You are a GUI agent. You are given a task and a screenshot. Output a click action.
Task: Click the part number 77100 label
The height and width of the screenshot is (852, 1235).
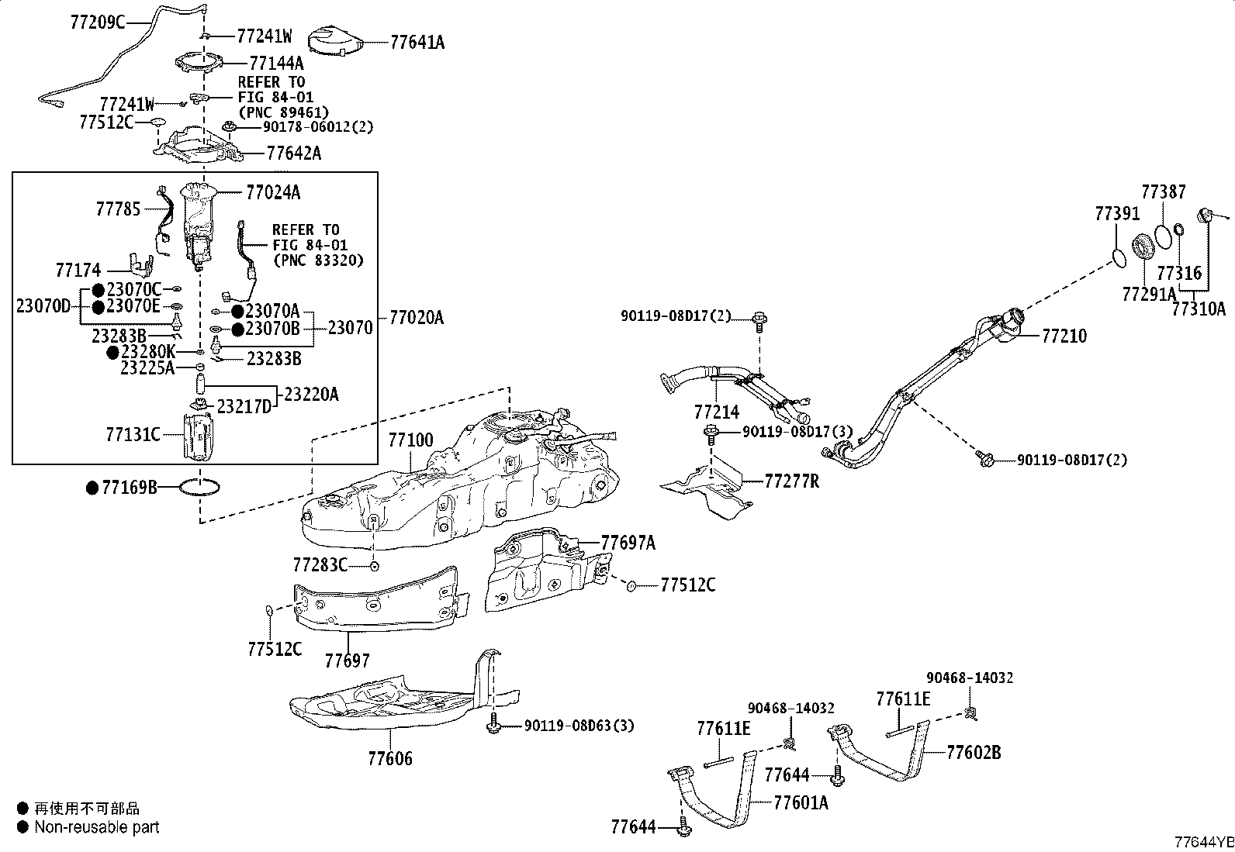[x=410, y=440]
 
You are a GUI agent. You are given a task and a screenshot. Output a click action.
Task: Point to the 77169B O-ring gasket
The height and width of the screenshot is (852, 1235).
[x=201, y=488]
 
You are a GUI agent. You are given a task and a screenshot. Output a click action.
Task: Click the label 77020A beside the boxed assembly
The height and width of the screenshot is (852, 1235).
[x=416, y=317]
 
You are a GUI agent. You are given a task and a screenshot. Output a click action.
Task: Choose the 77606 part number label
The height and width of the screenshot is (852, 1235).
[x=390, y=758]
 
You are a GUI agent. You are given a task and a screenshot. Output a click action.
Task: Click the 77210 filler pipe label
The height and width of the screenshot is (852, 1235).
[x=1064, y=336]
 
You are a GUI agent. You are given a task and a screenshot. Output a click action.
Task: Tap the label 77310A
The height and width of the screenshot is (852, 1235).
[x=1199, y=309]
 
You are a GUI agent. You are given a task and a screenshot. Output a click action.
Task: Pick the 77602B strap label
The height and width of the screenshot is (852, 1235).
[x=974, y=752]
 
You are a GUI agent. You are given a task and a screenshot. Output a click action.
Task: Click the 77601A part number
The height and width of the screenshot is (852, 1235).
[x=801, y=802]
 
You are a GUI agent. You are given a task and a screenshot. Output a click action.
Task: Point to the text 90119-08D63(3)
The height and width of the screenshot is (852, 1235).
[x=579, y=726]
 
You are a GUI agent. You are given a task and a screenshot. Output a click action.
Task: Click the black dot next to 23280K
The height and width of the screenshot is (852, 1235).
[x=113, y=353]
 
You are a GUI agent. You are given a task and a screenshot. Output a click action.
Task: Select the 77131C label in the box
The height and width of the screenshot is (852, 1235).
[x=133, y=434]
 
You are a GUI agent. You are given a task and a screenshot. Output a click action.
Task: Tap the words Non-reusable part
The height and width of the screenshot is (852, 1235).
[x=97, y=826]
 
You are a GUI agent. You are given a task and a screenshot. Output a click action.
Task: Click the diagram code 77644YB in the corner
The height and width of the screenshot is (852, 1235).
[x=1203, y=842]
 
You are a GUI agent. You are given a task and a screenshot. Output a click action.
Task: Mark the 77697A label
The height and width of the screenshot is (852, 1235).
[x=628, y=543]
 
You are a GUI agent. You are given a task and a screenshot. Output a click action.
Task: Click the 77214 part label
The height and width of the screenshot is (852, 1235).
[x=717, y=412]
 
